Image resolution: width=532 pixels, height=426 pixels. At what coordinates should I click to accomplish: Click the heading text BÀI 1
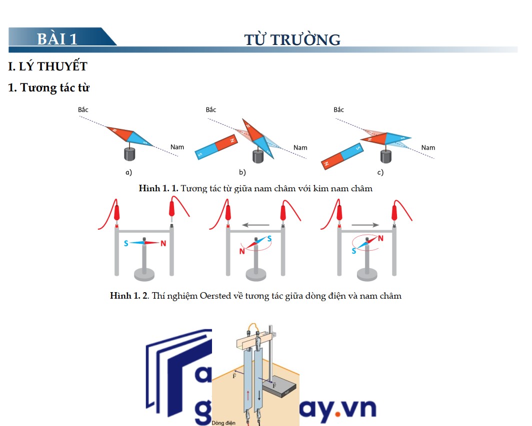coord(57,38)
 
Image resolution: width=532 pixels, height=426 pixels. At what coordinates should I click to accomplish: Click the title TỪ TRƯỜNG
coord(292,39)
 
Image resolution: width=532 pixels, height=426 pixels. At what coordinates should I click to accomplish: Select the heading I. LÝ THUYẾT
coord(48,66)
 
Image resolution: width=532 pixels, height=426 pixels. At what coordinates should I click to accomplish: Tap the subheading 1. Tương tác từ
coord(48,88)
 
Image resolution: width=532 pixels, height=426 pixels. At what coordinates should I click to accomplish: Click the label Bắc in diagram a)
coord(83,109)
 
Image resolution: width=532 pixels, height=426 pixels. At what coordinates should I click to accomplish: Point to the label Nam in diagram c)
coord(428,147)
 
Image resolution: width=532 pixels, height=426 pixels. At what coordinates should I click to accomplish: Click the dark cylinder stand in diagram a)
coord(129,154)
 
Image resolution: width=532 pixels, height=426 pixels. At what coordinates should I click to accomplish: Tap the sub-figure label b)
coord(242,172)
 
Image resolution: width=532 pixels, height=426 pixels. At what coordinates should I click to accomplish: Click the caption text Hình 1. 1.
coord(158,189)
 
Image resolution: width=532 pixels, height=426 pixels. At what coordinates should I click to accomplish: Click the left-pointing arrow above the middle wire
coord(257,225)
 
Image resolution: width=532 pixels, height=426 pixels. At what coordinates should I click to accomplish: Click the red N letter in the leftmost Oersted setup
coord(163,244)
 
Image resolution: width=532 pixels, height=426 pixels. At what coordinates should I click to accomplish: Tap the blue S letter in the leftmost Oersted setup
coord(127,243)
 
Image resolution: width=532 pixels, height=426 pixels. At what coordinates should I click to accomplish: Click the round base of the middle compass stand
coord(256,274)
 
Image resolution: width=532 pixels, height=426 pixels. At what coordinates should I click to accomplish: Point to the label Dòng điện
coord(223,423)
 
